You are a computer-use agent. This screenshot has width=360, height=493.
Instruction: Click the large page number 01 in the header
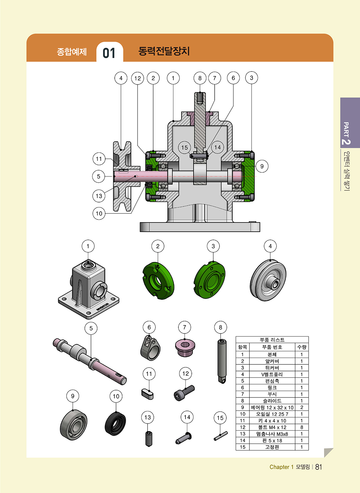point(109,53)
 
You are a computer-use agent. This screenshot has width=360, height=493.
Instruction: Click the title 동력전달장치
point(164,51)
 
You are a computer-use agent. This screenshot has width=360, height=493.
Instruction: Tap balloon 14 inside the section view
point(217,147)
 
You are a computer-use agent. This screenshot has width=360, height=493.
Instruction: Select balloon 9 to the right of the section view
point(262,166)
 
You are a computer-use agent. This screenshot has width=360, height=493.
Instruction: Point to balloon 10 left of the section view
point(99,213)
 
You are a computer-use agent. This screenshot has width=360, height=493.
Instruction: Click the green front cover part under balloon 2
point(158,281)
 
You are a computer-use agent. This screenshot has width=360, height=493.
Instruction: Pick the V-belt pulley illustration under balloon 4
point(268,281)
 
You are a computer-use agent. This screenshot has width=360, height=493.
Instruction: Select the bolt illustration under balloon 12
point(184,393)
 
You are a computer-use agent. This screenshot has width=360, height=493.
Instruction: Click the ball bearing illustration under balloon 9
point(74,425)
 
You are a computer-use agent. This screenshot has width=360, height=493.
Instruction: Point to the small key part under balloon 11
point(148,394)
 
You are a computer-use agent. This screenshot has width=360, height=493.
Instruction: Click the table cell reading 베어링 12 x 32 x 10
point(272,407)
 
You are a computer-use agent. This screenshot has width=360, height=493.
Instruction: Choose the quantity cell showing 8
point(302,427)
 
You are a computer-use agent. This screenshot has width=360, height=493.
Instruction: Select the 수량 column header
point(302,347)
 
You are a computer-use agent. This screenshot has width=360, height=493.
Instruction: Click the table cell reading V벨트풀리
point(272,374)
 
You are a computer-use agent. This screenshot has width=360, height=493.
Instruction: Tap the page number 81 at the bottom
point(318,467)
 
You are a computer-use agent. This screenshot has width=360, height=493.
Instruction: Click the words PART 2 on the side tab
point(346,133)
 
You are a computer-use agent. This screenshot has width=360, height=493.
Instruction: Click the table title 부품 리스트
point(272,340)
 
